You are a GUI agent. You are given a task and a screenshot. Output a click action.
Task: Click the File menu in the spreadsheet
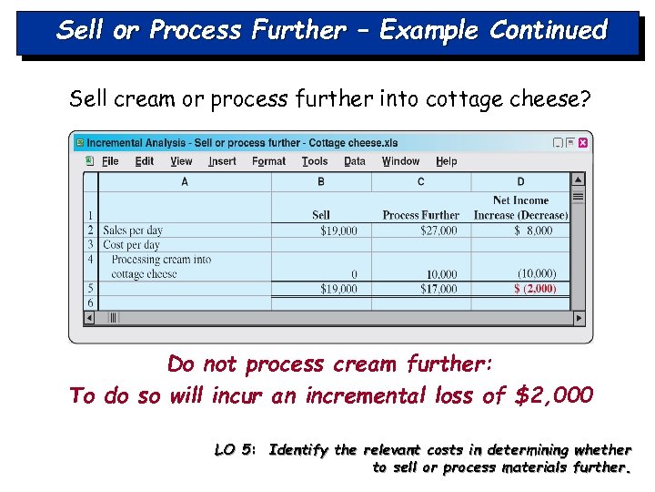tap(110, 161)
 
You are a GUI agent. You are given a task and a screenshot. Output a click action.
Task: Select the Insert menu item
tap(222, 161)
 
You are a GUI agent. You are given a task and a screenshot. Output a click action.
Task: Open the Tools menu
tap(315, 161)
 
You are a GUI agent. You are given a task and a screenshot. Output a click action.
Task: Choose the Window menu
tap(400, 161)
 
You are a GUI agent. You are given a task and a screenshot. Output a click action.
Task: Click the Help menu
tap(447, 161)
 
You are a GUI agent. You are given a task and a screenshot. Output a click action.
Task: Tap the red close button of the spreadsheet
tap(583, 143)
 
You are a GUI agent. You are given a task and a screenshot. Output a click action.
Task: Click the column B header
tap(321, 181)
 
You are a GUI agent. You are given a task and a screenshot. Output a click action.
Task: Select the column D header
tap(520, 181)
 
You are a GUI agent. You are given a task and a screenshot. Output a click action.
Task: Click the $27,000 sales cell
tap(438, 231)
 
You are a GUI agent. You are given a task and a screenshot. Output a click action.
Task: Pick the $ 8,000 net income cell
tap(533, 231)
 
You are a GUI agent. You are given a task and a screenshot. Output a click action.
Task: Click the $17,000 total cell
tap(438, 289)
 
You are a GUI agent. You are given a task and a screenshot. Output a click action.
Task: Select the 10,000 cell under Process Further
tap(441, 273)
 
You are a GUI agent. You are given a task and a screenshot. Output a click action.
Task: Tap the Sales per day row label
tap(133, 231)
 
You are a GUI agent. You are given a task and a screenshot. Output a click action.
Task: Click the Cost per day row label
tap(131, 244)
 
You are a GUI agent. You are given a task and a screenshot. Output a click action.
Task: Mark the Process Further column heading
tap(420, 215)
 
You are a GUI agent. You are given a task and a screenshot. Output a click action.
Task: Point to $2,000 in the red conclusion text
tap(554, 395)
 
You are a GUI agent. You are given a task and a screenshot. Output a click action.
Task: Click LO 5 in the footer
tap(233, 449)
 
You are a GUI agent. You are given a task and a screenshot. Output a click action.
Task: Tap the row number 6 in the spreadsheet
tap(90, 302)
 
